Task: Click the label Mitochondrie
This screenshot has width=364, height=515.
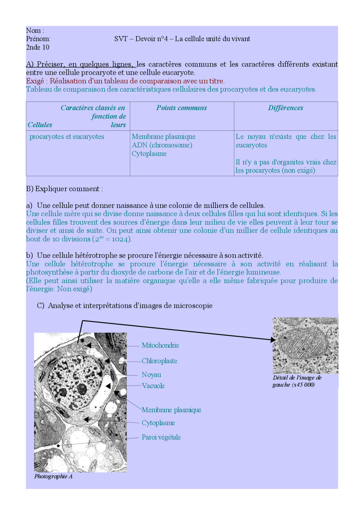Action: (160, 345)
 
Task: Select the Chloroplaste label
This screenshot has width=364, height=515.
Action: (159, 361)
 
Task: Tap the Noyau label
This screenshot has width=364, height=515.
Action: (151, 375)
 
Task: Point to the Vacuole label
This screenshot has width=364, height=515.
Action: (153, 386)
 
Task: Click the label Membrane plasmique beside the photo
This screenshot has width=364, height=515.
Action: (171, 410)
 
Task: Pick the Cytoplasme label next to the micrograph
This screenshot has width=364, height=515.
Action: (158, 423)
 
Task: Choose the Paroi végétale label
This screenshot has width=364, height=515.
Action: (161, 437)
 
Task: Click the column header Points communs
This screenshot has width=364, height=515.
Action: (181, 108)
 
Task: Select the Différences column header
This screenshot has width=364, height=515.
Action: (286, 108)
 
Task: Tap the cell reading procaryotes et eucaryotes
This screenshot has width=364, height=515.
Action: (67, 136)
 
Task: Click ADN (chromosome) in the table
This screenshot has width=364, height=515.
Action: (162, 145)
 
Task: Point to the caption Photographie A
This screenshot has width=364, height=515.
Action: (53, 476)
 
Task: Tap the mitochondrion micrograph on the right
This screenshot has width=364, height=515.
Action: (305, 345)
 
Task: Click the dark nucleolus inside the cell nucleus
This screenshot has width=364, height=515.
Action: (82, 389)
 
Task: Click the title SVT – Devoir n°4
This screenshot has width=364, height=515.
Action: (182, 39)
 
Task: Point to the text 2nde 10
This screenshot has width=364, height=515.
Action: (38, 47)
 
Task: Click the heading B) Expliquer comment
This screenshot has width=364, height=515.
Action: (64, 189)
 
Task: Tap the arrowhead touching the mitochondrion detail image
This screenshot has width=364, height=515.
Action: (273, 340)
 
